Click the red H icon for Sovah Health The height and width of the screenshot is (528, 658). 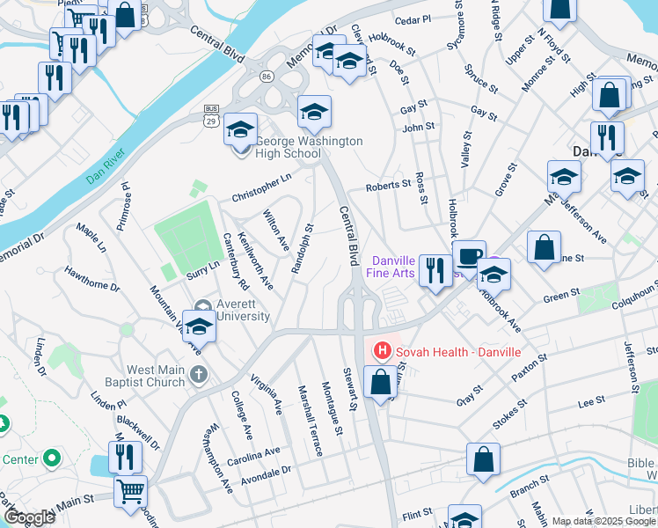click(x=382, y=352)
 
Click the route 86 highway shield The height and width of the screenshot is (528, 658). click(x=265, y=77)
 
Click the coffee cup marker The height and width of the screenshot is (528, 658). click(x=469, y=255)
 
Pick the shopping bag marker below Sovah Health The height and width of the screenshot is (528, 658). click(x=380, y=383)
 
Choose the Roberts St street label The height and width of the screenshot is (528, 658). click(x=388, y=186)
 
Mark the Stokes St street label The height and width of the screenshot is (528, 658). click(x=509, y=414)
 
